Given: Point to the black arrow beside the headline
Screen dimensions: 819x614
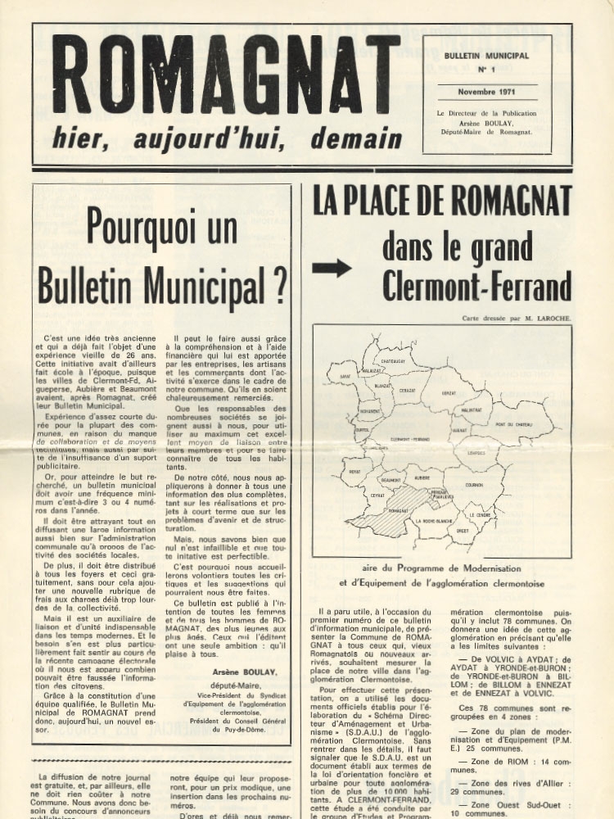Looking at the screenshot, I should (x=332, y=268).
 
